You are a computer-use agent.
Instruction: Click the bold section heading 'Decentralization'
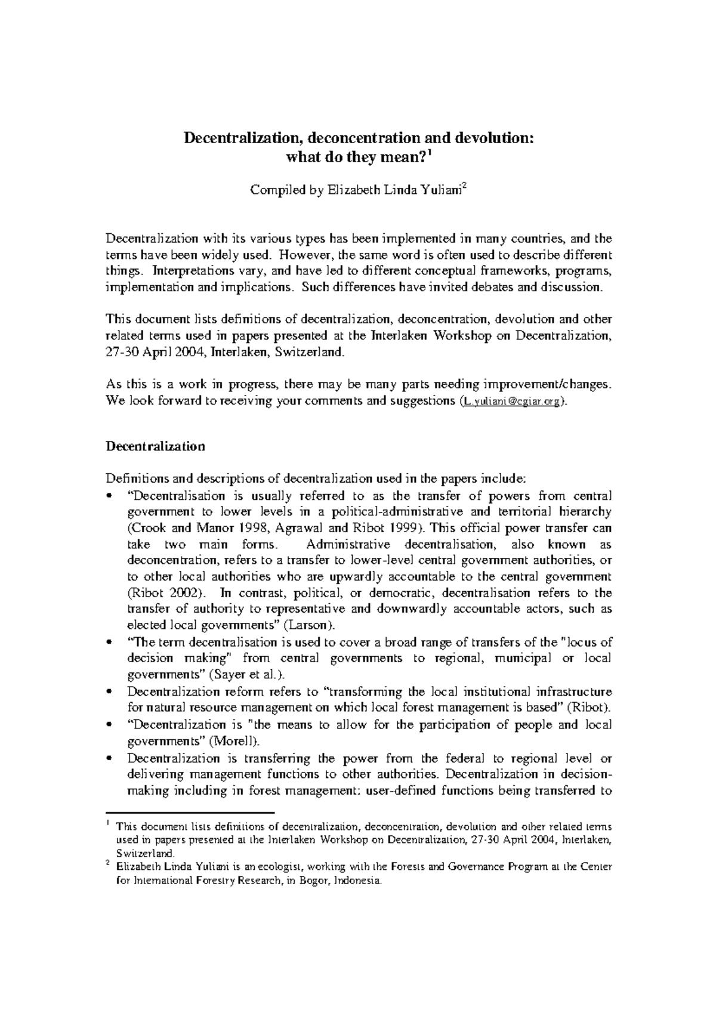[x=155, y=446]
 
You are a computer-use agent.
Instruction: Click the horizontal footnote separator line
[x=189, y=812]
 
